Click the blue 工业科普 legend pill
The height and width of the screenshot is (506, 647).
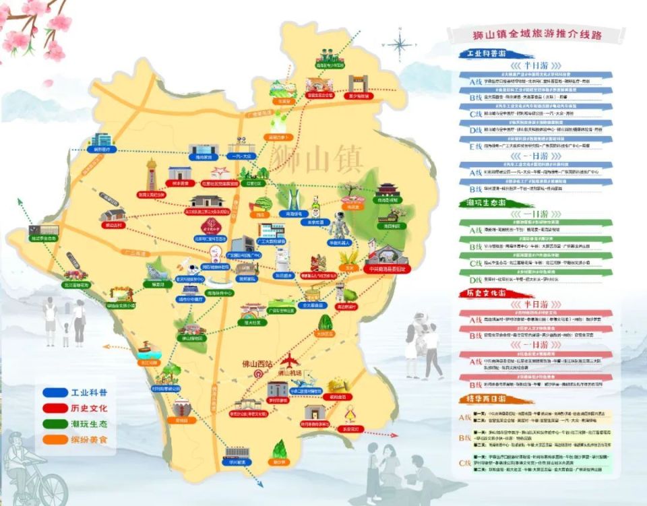[75, 391]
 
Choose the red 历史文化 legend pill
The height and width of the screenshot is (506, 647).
[75, 408]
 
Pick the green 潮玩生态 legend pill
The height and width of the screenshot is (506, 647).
[75, 423]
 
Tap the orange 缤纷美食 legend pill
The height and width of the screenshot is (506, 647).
[75, 439]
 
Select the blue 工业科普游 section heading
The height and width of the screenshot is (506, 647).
[487, 54]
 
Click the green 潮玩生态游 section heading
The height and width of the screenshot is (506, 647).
[487, 202]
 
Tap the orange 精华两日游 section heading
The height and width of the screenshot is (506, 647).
[487, 400]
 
